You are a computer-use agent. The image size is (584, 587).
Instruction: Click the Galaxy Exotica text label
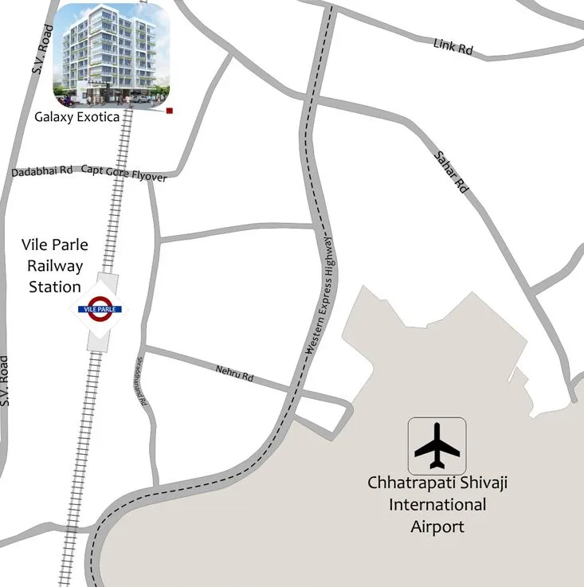pyautogui.click(x=76, y=117)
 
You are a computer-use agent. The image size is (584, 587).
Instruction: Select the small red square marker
pyautogui.click(x=170, y=112)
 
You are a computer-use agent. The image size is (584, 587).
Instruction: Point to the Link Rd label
pyautogui.click(x=453, y=46)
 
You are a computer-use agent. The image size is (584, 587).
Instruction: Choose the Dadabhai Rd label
pyautogui.click(x=42, y=171)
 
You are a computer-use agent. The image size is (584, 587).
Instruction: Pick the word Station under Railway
pyautogui.click(x=55, y=286)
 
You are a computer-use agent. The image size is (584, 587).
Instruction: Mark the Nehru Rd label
pyautogui.click(x=234, y=373)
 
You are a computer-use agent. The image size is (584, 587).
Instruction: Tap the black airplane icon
pyautogui.click(x=437, y=446)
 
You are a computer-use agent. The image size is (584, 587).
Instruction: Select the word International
pyautogui.click(x=437, y=504)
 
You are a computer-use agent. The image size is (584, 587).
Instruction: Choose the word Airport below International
pyautogui.click(x=437, y=526)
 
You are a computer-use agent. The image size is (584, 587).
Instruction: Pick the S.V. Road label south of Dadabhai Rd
pyautogui.click(x=6, y=381)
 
